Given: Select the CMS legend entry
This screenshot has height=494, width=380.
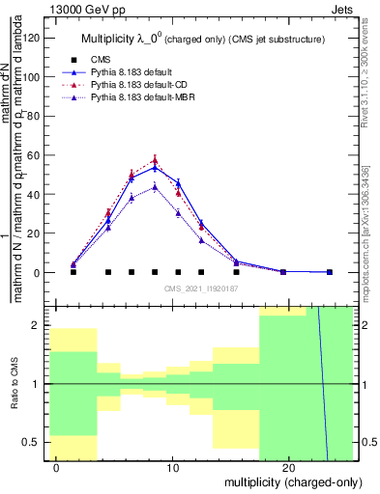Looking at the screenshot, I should pyautogui.click(x=110, y=58).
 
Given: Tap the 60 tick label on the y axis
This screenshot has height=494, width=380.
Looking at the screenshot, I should pyautogui.click(x=36, y=155).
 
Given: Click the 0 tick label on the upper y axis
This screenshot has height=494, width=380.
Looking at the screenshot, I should pyautogui.click(x=39, y=273).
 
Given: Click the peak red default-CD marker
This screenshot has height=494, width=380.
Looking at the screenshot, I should pyautogui.click(x=155, y=160).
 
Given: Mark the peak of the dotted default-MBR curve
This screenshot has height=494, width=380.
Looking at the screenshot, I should pyautogui.click(x=155, y=186).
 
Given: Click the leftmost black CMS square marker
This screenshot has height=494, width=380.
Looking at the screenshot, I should pyautogui.click(x=73, y=272).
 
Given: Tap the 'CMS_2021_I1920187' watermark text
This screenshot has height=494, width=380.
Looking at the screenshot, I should pyautogui.click(x=201, y=288).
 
